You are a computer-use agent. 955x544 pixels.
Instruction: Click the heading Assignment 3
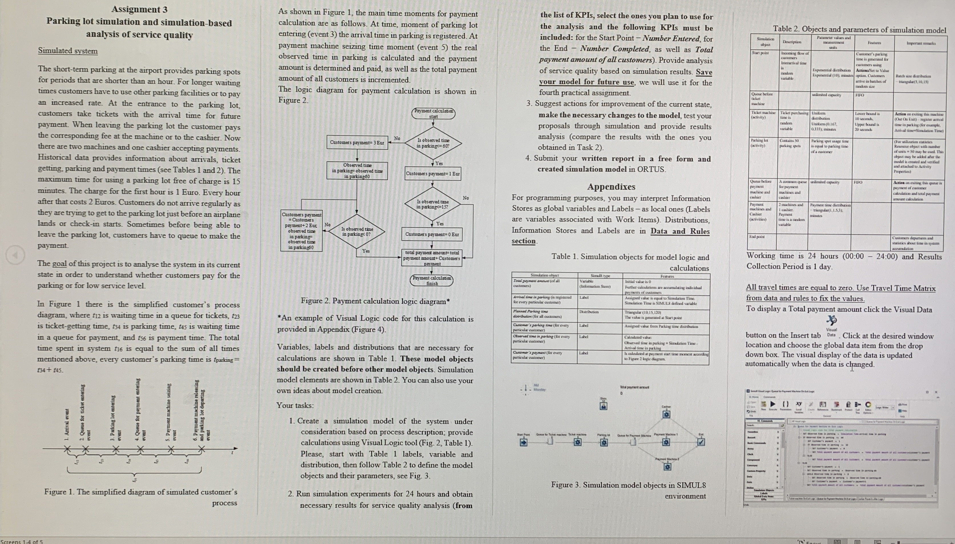139,9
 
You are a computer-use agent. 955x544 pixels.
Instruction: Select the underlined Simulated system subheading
68,51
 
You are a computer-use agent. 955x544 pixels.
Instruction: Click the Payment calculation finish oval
432,280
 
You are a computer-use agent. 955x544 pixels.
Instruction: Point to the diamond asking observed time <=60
433,143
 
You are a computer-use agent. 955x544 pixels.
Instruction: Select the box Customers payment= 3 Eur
357,142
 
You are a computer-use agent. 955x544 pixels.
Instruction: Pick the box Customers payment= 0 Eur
432,234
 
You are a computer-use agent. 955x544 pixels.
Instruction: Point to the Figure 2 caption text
375,301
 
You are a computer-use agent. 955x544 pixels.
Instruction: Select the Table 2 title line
859,29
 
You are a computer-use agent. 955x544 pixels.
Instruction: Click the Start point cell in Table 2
760,53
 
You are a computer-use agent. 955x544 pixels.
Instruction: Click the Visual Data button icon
831,321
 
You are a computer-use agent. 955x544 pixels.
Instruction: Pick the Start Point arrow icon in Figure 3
523,442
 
